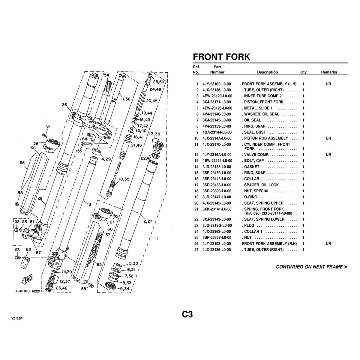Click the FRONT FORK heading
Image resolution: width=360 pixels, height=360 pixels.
(221, 57)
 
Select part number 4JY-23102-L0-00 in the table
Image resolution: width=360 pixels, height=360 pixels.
(217, 84)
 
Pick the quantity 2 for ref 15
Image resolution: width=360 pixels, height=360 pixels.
(303, 173)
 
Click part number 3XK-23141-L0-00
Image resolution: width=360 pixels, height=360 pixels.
(217, 209)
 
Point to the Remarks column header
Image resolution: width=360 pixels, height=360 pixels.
(329, 72)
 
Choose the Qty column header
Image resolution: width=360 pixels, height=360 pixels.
(303, 72)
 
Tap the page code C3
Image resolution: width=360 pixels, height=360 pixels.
(187, 314)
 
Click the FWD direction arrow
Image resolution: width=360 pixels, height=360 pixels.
(27, 279)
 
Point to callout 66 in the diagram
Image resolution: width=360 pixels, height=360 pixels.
(22, 163)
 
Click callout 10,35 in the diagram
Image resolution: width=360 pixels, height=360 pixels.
(124, 179)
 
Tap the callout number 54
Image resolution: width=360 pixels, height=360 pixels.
(106, 75)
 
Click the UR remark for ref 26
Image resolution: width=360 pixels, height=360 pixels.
(328, 244)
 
